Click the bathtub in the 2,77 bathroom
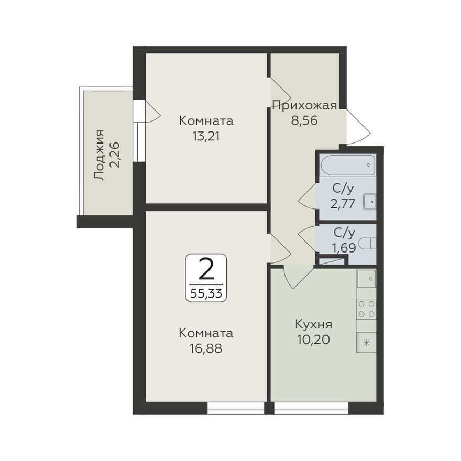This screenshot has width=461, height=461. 348,165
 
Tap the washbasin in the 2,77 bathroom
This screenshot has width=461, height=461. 369,202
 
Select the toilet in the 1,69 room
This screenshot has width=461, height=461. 368,244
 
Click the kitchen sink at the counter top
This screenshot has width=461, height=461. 366,278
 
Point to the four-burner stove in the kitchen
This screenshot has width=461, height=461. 366,309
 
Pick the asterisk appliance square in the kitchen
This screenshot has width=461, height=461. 366,342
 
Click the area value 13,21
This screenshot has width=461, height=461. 206,136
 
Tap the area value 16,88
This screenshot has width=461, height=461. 206,349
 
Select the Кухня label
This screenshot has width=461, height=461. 313,325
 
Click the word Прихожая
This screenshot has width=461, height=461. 304,105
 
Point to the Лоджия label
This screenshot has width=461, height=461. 99,155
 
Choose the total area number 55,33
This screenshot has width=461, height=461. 206,293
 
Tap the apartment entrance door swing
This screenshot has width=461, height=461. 358,127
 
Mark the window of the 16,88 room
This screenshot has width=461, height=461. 236,408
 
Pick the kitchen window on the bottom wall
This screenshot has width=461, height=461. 311,408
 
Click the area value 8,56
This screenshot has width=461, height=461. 304,120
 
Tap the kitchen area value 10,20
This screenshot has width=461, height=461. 313,340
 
